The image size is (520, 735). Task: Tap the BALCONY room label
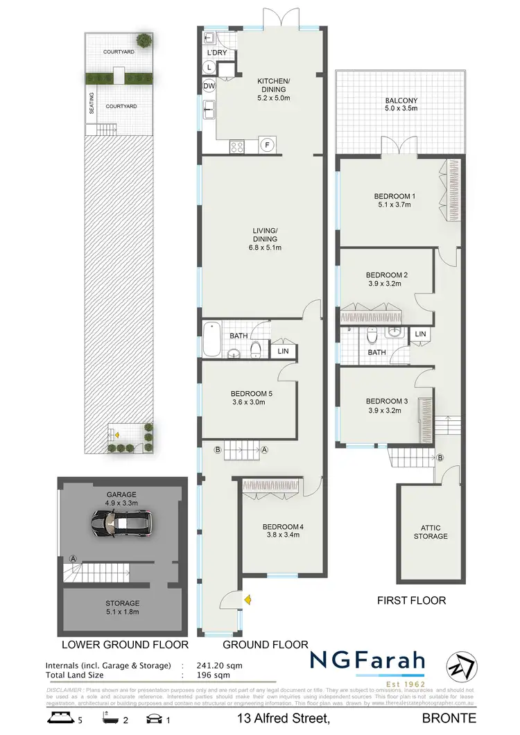coord(401,101)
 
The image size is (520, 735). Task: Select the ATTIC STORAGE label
coord(431,532)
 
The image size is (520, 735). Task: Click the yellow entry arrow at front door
coord(248,598)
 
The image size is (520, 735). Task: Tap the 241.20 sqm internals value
coord(208,666)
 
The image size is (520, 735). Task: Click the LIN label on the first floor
coord(420,334)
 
